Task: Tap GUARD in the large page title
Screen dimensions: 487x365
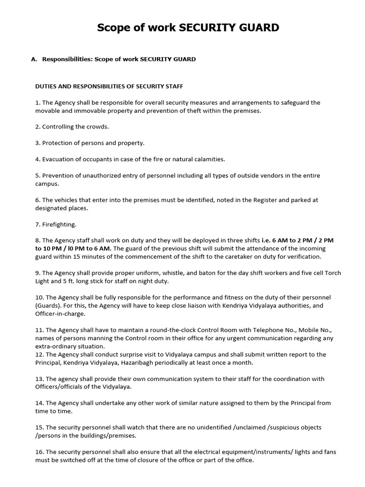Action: click(x=255, y=28)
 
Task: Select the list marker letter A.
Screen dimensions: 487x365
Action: click(x=33, y=59)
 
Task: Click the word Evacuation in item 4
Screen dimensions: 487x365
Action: click(x=58, y=159)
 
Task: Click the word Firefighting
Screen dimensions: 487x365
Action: click(x=59, y=224)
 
